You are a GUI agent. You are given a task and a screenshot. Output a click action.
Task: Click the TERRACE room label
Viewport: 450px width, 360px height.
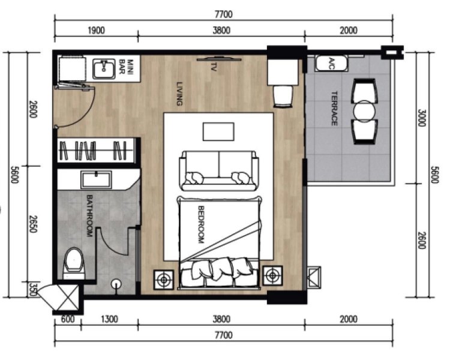pos(334,109)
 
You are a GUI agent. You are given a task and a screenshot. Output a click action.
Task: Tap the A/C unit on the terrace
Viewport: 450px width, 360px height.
pos(331,64)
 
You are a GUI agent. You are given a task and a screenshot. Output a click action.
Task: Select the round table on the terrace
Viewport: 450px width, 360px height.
pos(364,112)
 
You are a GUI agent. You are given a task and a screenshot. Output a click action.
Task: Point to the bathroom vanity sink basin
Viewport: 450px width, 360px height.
pos(96,180)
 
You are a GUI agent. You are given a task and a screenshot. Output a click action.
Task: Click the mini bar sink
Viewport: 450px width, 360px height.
pos(104,69)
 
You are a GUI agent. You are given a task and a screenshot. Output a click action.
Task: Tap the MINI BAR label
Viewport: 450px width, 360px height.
pos(126,67)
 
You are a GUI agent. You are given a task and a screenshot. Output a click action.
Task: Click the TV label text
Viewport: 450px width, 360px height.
pos(213,67)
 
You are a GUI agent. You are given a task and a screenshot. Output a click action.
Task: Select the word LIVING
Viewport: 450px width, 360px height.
pos(179,94)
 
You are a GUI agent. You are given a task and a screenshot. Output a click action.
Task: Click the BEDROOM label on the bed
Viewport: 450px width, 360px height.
pos(201,225)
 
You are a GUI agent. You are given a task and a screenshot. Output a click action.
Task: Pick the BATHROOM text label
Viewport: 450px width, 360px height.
pos(89,216)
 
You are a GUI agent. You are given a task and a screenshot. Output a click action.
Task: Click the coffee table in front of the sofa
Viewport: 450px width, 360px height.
pos(218,132)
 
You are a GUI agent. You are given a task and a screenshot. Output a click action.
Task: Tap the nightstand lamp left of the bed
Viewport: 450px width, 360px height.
pos(164,280)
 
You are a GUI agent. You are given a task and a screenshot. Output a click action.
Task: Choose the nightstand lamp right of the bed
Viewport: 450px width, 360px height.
pos(272,275)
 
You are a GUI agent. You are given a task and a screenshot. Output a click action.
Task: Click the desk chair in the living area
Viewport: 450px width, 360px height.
pos(283,97)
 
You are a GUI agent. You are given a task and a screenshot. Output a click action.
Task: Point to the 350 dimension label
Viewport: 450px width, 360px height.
pos(33,289)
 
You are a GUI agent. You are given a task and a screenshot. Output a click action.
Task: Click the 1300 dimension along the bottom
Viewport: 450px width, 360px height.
pos(109,319)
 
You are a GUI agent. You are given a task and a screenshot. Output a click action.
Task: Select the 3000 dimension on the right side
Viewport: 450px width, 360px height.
pos(421,118)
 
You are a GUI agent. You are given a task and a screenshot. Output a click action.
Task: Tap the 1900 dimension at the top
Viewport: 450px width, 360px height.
pos(96,30)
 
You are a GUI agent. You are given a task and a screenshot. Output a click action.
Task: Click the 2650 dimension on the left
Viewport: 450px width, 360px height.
pos(33,224)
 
